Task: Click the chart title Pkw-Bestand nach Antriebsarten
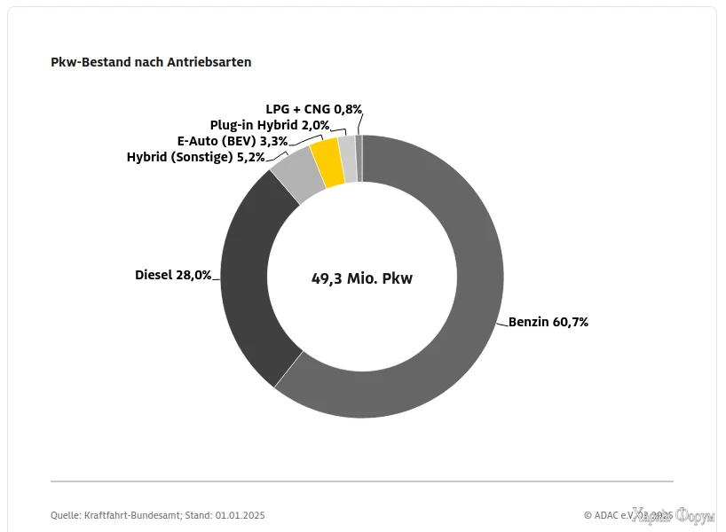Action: pos(151,62)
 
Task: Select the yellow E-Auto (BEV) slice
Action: pos(327,163)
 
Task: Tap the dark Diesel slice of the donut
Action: pos(253,275)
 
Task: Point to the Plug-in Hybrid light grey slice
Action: pos(347,159)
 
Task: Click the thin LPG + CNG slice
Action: pos(359,158)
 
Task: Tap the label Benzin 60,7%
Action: pos(548,322)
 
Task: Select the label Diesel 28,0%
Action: pos(173,275)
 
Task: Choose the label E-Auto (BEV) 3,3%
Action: pos(233,141)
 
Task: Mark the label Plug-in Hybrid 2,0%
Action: pos(270,125)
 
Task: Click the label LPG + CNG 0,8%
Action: pos(314,109)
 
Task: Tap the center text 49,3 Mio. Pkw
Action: pos(362,278)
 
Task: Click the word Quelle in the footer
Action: pos(67,515)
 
